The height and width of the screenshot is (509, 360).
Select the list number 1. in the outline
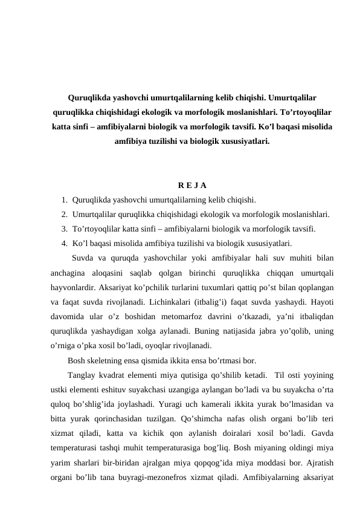point(64,199)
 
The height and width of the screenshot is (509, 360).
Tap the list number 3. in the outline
point(64,229)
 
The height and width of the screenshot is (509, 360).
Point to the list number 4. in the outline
point(64,244)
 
